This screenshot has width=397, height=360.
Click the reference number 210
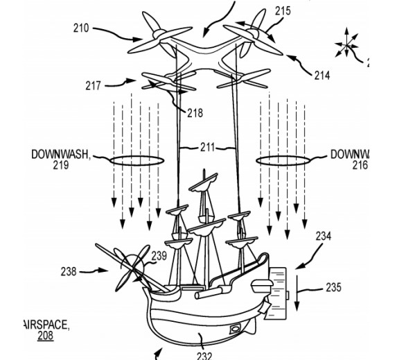coord(81,28)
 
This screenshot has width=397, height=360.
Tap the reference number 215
coord(283,11)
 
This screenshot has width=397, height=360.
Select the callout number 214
coord(322,76)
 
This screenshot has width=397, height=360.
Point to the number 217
coord(93,86)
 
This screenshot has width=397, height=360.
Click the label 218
coord(195,113)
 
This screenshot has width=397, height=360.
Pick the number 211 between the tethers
coord(207,147)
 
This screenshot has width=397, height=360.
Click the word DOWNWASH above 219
coord(61,154)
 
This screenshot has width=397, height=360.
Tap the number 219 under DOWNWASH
coord(61,165)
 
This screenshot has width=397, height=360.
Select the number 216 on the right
coord(360,165)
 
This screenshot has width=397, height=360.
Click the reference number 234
coord(324,236)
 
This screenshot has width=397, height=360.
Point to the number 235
coord(333,287)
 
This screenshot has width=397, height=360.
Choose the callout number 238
coord(69,271)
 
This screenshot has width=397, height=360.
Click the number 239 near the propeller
coord(159,256)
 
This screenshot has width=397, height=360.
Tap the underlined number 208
coord(46,336)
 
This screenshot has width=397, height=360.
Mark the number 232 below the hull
coord(204,355)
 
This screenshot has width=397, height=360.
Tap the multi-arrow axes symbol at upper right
coord(346,46)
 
